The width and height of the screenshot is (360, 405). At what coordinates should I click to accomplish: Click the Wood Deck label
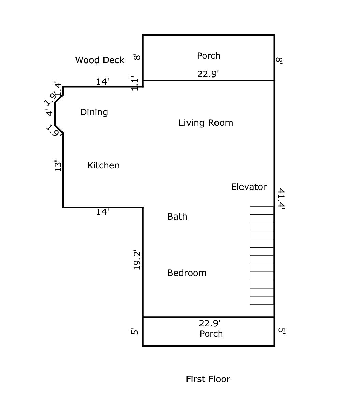click(99, 60)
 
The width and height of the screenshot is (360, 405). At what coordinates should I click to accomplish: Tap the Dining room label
click(94, 112)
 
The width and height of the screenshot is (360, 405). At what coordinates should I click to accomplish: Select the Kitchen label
click(103, 165)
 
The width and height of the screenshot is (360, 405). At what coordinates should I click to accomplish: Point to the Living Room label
click(206, 123)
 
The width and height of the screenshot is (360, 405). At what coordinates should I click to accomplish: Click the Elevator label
click(249, 187)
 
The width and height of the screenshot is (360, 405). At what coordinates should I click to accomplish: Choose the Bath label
click(177, 217)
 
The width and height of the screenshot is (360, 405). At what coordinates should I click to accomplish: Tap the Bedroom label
click(187, 273)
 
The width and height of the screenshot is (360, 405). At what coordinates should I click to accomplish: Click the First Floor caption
click(208, 379)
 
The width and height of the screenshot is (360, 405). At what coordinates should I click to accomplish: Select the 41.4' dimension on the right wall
click(281, 198)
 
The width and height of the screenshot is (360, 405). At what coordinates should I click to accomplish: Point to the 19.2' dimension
click(137, 260)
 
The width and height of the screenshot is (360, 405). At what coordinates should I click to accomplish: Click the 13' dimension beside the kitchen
click(58, 166)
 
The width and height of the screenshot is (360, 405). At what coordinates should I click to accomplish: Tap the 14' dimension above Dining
click(102, 82)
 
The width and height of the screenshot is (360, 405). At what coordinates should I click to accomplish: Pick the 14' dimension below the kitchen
click(102, 212)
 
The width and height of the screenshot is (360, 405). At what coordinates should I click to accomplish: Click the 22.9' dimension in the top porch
click(208, 74)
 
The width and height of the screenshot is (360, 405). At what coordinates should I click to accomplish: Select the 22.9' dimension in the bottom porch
click(210, 323)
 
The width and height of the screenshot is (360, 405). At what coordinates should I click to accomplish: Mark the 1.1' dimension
click(135, 83)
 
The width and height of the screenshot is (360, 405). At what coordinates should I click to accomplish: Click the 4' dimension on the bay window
click(50, 113)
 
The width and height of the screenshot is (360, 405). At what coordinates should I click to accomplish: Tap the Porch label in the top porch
click(209, 56)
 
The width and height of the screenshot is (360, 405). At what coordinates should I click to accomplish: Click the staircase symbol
click(262, 255)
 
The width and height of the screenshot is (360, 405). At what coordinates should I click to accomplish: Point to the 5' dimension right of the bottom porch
click(281, 331)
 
